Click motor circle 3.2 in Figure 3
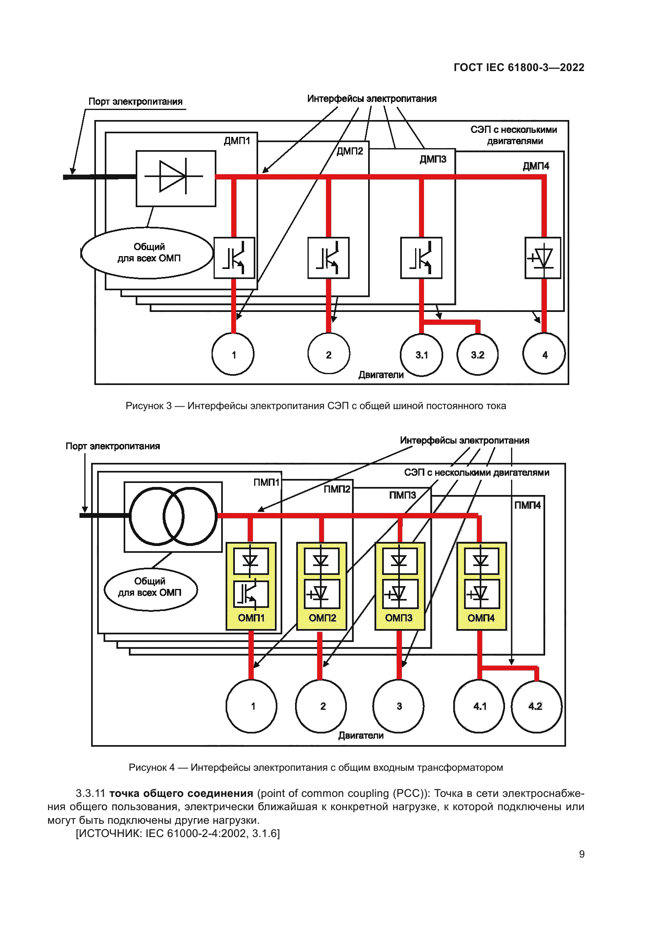[x=477, y=354]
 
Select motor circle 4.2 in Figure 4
[x=536, y=706]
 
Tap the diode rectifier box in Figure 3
[x=176, y=178]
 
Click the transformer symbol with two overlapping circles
[x=173, y=516]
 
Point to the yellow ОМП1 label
[x=251, y=617]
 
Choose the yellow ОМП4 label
[x=481, y=617]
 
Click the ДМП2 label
[x=350, y=151]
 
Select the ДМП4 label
[x=536, y=166]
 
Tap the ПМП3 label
[x=402, y=495]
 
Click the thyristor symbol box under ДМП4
[x=543, y=258]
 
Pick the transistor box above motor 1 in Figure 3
[x=234, y=258]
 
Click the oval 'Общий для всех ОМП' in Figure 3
[x=147, y=253]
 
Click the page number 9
[x=581, y=854]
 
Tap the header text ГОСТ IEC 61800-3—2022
[x=518, y=67]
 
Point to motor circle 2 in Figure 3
[x=328, y=354]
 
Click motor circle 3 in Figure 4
[x=399, y=706]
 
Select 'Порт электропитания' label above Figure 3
[x=135, y=102]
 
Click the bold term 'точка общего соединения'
[x=181, y=793]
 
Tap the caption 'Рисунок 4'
[x=151, y=767]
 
